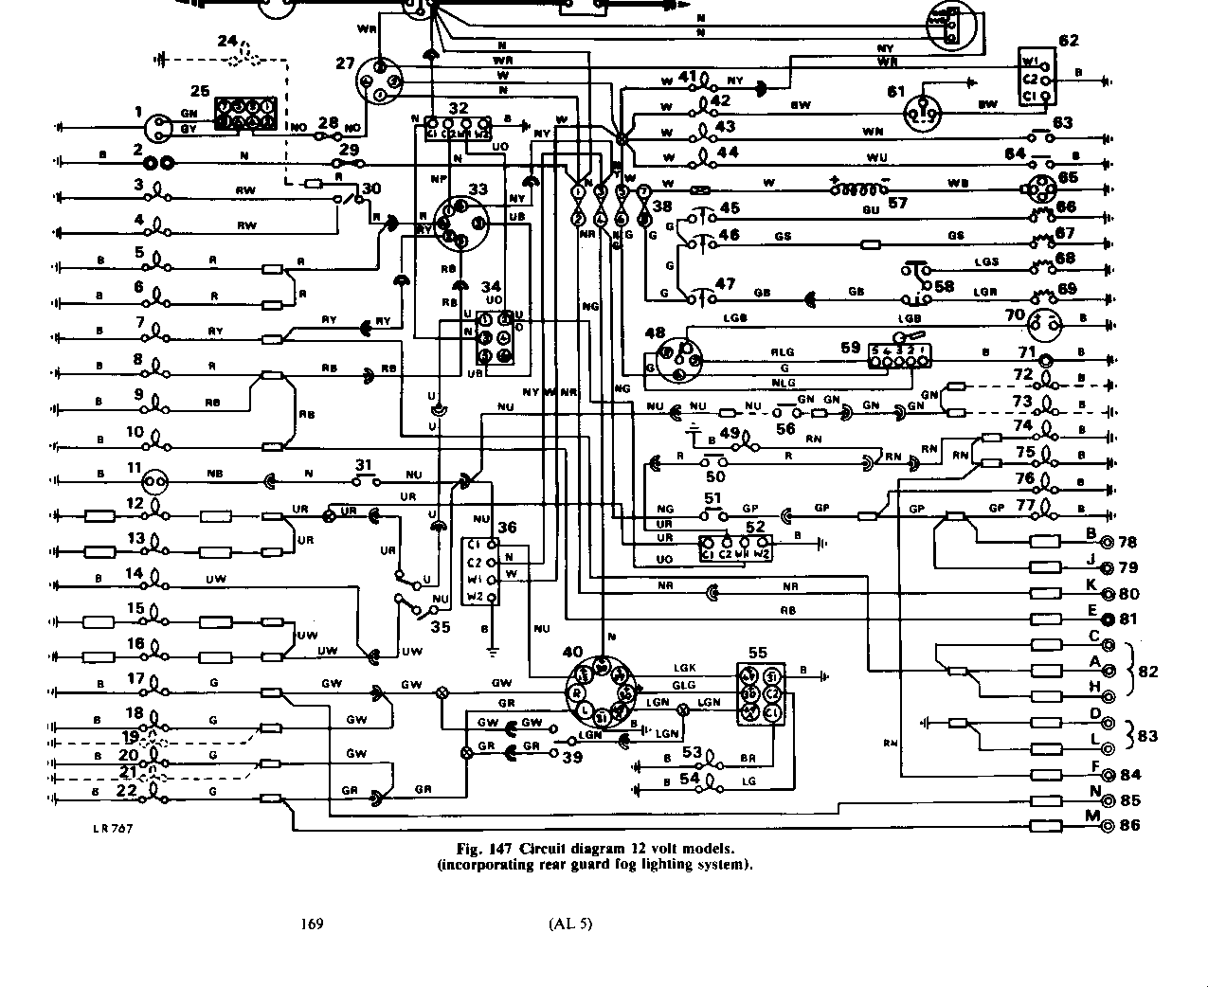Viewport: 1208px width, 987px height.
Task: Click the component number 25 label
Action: click(199, 91)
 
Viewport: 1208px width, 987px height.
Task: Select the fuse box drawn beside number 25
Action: click(245, 115)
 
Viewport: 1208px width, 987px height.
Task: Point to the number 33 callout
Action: click(478, 188)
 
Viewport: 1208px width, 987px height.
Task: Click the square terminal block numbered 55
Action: click(761, 694)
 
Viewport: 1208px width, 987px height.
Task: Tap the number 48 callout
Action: click(655, 332)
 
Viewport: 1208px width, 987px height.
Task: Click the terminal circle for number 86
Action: click(1107, 826)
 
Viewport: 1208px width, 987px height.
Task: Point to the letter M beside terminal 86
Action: click(1092, 817)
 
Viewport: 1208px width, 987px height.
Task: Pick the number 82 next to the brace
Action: click(1148, 672)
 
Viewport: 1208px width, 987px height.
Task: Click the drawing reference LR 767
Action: click(113, 828)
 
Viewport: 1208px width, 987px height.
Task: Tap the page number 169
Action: click(312, 924)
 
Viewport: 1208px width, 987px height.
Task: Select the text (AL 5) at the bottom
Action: click(569, 924)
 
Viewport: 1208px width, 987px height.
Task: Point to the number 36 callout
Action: click(507, 528)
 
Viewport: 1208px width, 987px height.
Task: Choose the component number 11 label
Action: click(134, 468)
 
